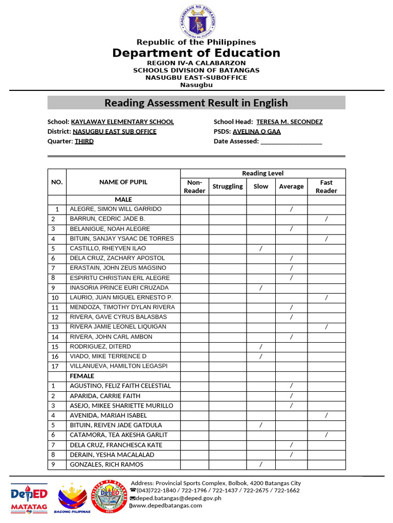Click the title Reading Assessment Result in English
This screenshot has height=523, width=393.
click(196, 103)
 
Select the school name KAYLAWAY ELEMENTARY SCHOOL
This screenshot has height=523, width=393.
click(122, 122)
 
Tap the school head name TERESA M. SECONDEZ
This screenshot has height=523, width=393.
click(289, 122)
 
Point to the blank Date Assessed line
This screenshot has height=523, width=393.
click(291, 141)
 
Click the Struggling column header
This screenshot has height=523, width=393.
click(228, 186)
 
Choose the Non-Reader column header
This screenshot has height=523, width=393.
click(194, 186)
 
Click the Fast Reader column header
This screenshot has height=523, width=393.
click(326, 186)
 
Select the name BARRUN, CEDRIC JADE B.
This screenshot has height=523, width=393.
click(107, 219)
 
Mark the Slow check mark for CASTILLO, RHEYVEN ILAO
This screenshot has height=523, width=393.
click(261, 248)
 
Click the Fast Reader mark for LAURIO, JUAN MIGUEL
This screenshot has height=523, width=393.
click(326, 297)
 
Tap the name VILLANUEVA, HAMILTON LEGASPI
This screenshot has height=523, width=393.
click(118, 366)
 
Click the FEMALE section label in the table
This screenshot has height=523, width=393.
click(82, 376)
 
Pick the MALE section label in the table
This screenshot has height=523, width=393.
click(123, 199)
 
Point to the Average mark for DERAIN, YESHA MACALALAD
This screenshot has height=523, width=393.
click(291, 455)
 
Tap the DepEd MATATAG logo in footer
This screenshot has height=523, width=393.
click(29, 497)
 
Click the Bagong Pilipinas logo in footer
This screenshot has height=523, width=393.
click(74, 498)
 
